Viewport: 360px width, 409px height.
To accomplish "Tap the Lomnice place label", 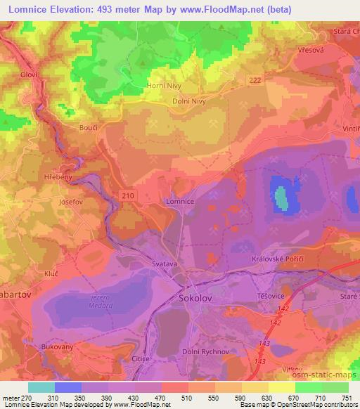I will pyautogui.click(x=179, y=201).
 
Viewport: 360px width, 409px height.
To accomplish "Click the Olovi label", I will pyautogui.click(x=28, y=74).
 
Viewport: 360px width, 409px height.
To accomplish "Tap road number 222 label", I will pyautogui.click(x=253, y=82).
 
